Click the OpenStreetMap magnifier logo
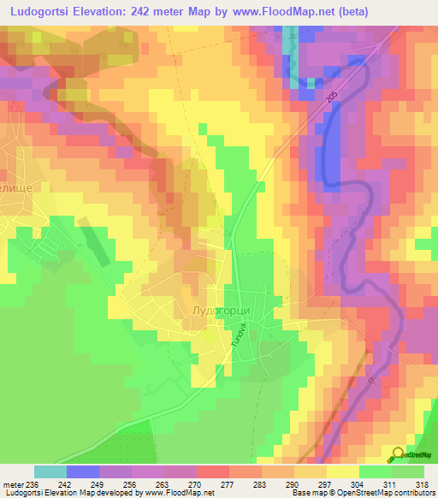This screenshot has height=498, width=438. [398, 455]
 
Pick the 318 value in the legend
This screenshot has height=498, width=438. [421, 483]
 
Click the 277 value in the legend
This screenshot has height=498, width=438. [227, 483]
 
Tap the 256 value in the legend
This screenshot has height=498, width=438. [131, 483]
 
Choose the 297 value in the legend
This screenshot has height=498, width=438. [324, 483]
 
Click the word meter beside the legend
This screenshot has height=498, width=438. [15, 483]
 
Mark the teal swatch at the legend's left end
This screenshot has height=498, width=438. [50, 471]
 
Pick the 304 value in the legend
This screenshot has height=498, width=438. [357, 483]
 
